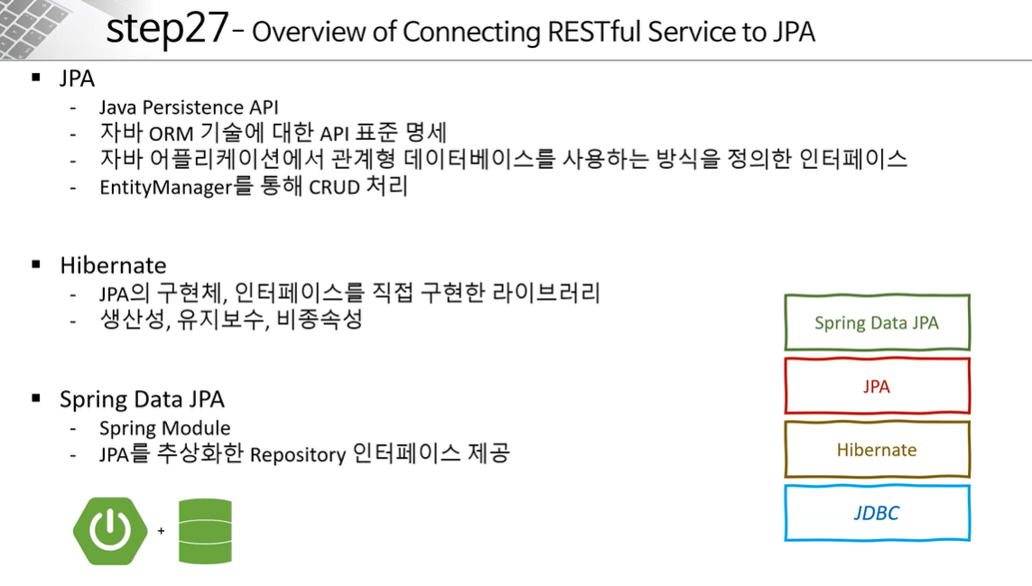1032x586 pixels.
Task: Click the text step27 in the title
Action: click(167, 29)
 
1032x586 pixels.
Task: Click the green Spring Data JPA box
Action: click(877, 322)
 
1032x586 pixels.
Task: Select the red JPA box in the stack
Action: click(877, 386)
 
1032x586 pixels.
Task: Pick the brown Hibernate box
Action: click(877, 450)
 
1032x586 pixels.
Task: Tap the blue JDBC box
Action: click(877, 513)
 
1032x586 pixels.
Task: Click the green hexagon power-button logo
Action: click(110, 531)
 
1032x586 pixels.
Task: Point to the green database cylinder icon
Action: click(205, 531)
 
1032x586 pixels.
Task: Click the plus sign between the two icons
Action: click(161, 531)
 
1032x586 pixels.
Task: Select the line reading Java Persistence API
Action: click(189, 107)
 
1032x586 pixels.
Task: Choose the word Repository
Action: click(298, 454)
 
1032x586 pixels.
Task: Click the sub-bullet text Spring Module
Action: click(164, 428)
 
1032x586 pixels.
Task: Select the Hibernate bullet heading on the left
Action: click(113, 265)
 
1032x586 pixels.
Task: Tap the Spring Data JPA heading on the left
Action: click(142, 399)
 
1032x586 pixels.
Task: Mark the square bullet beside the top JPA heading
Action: click(37, 79)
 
